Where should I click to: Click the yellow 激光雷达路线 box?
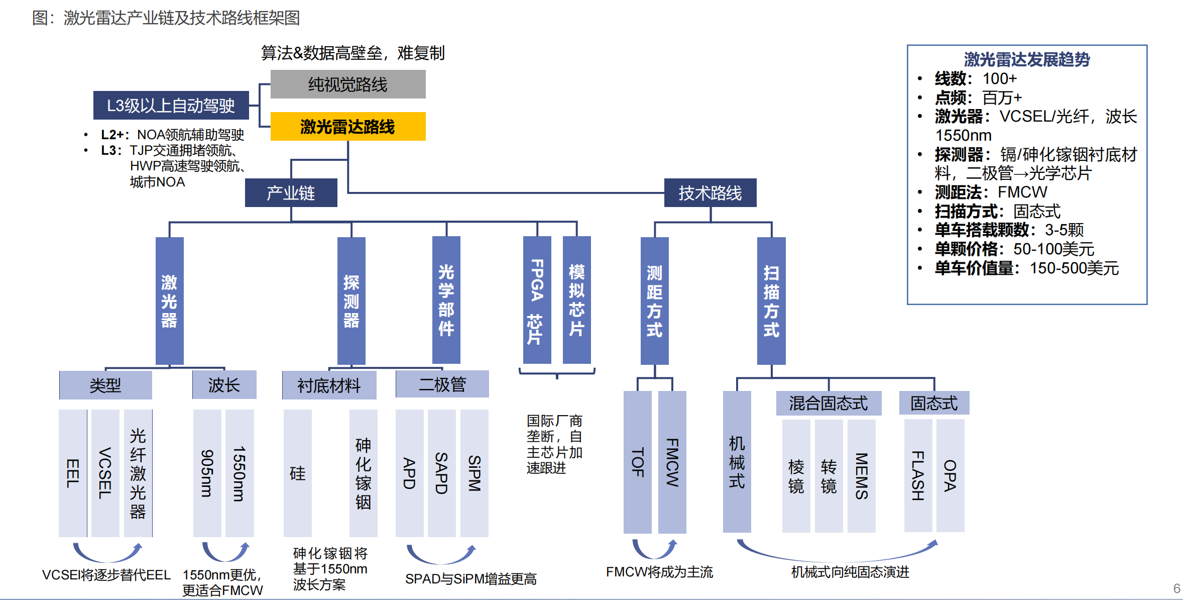tap(348, 126)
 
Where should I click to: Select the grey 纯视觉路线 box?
tap(348, 84)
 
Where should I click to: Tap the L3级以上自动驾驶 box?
tap(171, 106)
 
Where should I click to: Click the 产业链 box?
tap(291, 193)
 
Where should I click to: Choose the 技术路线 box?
tap(710, 193)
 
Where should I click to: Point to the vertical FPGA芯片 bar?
tap(537, 300)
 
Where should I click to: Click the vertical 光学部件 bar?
tap(446, 300)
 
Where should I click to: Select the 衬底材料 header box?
tap(329, 385)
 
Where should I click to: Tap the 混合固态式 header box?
tap(829, 403)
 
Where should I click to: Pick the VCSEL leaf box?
tap(105, 473)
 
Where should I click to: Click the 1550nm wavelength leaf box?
tap(240, 473)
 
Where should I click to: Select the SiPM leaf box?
tap(474, 473)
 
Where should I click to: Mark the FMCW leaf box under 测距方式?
tap(672, 462)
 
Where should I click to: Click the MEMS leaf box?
tap(861, 475)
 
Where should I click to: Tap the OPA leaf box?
tap(950, 475)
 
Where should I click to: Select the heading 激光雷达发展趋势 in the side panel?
tap(1027, 59)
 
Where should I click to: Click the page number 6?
tap(1176, 588)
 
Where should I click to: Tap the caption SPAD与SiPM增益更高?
tap(470, 579)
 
